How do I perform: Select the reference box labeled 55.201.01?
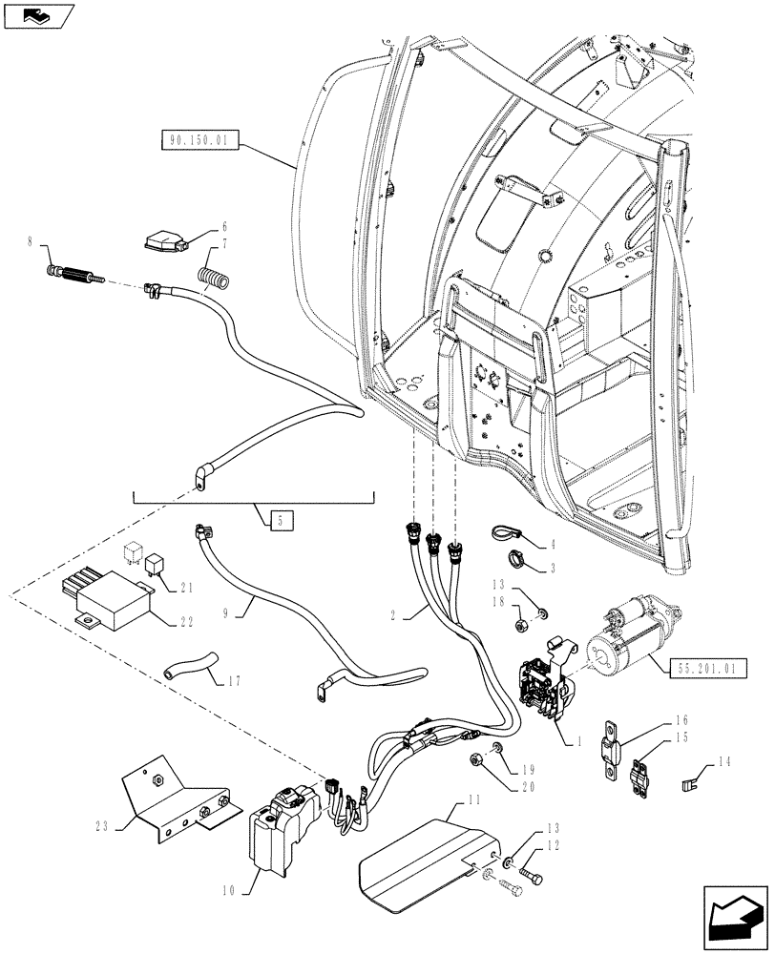click(707, 670)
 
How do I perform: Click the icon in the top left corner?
click(35, 14)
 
